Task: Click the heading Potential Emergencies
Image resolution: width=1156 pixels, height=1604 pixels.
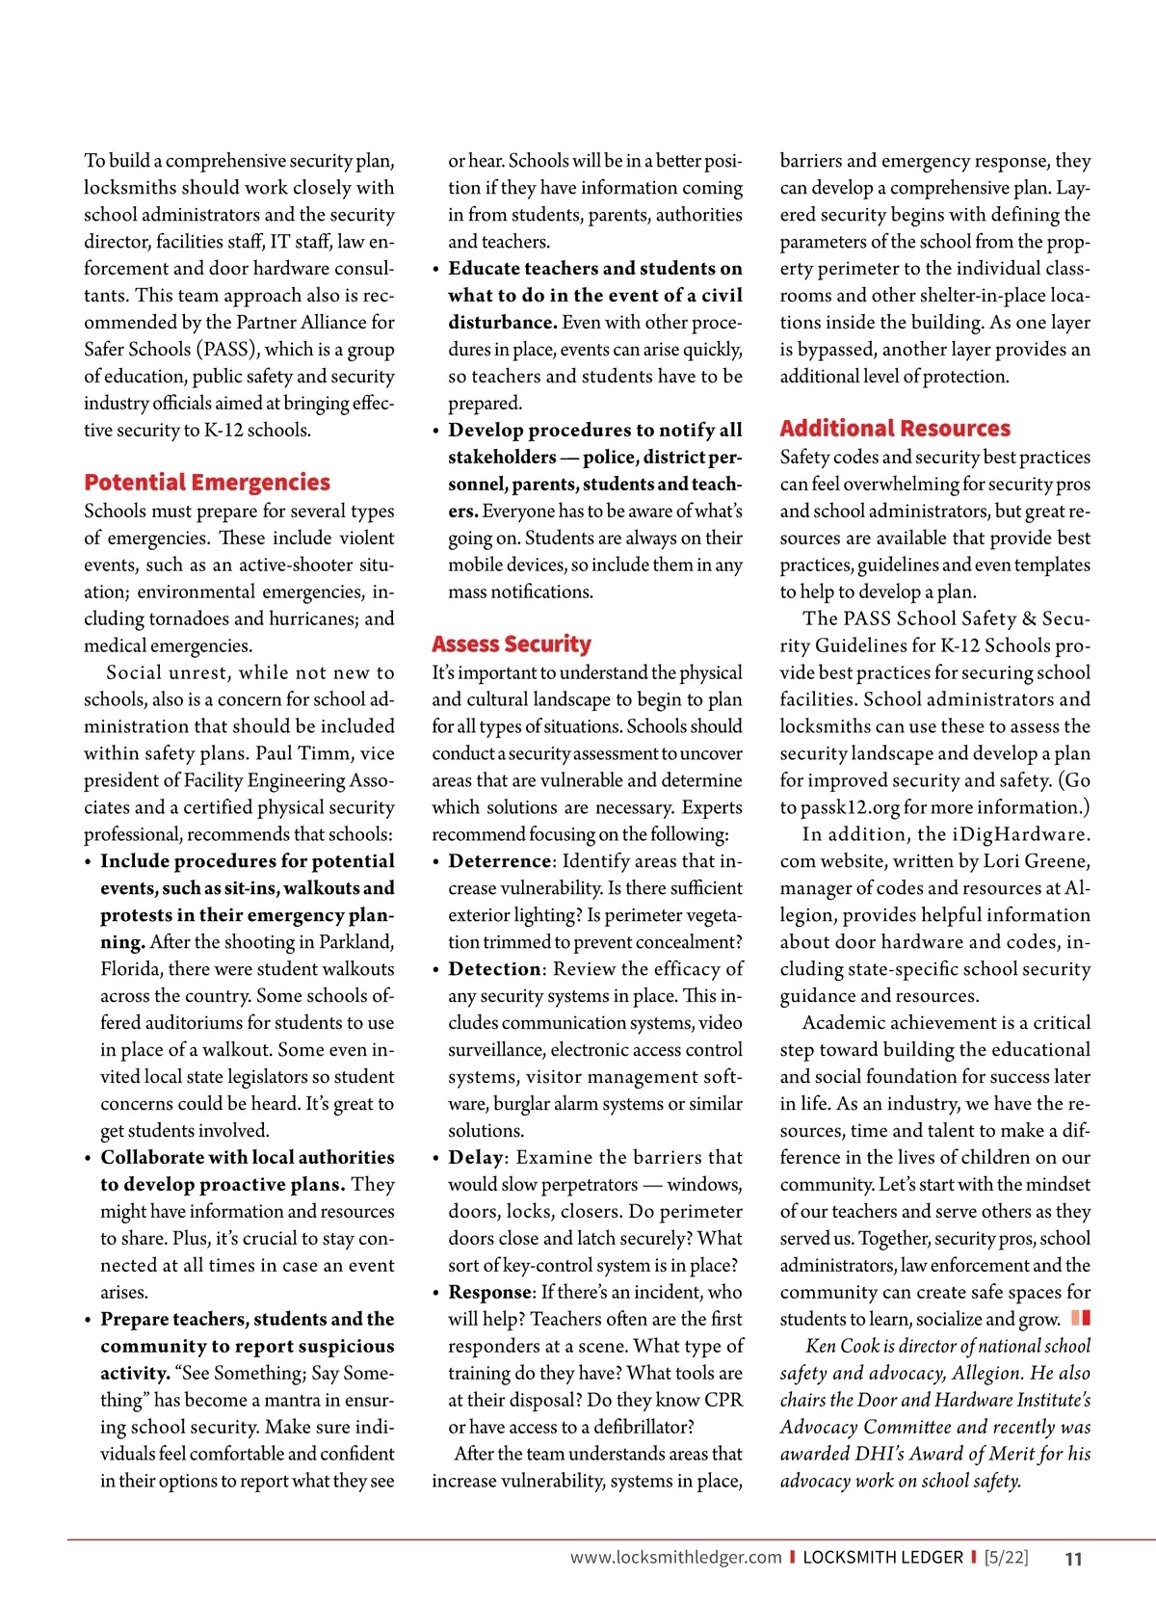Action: tap(207, 483)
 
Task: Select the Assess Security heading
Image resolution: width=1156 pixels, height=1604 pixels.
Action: tap(512, 644)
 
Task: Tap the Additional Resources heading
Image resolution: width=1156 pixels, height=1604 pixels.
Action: tap(895, 429)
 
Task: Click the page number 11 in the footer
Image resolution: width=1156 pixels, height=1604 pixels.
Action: tap(1073, 1559)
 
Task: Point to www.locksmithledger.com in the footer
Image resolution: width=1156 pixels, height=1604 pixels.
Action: tap(675, 1558)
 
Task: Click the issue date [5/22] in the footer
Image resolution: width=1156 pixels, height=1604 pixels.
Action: tap(1006, 1558)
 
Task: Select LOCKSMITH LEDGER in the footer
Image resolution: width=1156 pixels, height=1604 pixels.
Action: tap(882, 1558)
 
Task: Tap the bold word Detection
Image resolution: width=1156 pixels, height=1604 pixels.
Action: tap(495, 969)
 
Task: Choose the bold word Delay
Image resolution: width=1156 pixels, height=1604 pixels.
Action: tap(476, 1158)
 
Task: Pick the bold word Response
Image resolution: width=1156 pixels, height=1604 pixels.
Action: tap(490, 1293)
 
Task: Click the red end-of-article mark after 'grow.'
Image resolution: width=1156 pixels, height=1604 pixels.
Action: tap(1081, 1318)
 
